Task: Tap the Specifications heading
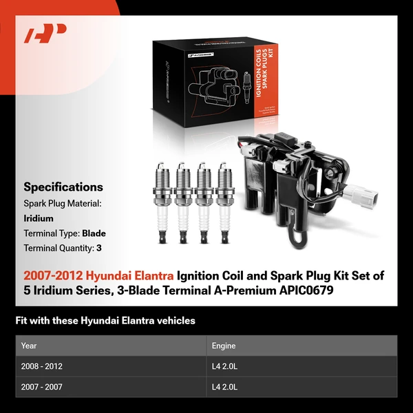pyautogui.click(x=63, y=187)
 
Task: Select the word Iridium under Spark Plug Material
pyautogui.click(x=39, y=218)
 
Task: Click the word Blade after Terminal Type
pyautogui.click(x=94, y=233)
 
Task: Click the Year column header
pyautogui.click(x=29, y=346)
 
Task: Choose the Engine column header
pyautogui.click(x=224, y=346)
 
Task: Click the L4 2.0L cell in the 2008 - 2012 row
pyautogui.click(x=224, y=366)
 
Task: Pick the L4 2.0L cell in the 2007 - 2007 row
pyautogui.click(x=224, y=387)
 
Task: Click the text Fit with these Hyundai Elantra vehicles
pyautogui.click(x=105, y=321)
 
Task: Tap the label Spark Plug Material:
pyautogui.click(x=63, y=204)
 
